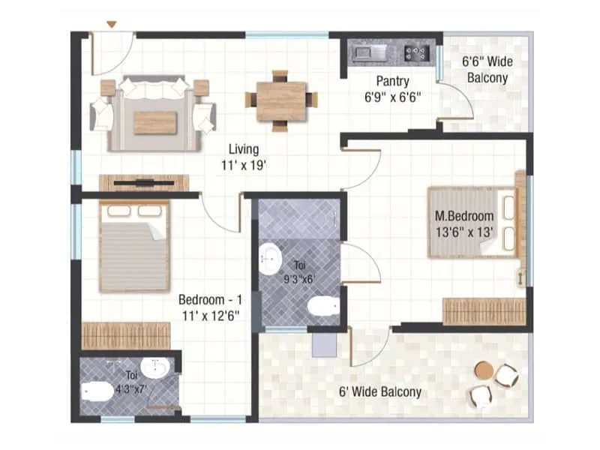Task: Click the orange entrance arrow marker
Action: click(111, 25)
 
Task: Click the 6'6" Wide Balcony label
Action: click(487, 70)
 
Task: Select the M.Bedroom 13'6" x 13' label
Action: click(464, 224)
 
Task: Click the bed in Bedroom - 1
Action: click(134, 246)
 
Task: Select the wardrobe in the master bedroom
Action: click(483, 311)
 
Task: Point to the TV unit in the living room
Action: click(143, 182)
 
